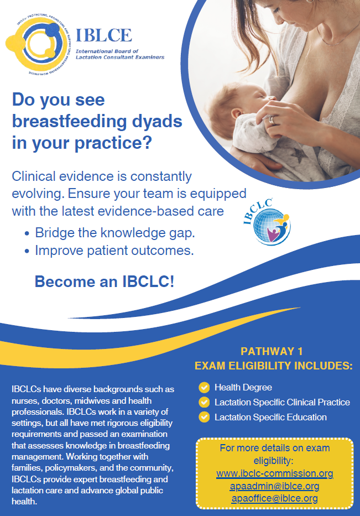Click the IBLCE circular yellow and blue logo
click(x=38, y=44)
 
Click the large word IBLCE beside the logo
click(x=103, y=35)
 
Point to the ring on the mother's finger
click(x=273, y=120)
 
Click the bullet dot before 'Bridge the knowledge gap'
click(x=27, y=233)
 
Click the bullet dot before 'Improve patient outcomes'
click(x=27, y=251)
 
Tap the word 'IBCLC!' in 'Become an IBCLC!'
click(x=148, y=282)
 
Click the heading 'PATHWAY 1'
click(x=272, y=351)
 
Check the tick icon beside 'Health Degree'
click(x=205, y=387)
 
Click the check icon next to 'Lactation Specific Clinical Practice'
click(x=205, y=402)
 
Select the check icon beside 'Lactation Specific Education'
click(x=205, y=417)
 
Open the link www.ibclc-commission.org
click(x=275, y=473)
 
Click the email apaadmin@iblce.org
click(x=275, y=486)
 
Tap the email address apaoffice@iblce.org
click(x=275, y=498)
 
